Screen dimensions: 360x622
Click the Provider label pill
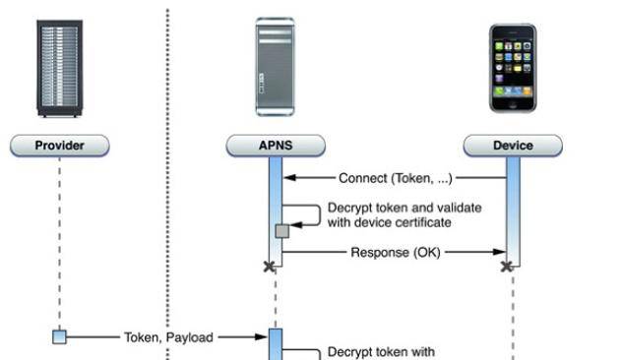point(60,146)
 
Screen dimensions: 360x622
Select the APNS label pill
point(276,146)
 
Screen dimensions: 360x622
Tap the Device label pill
point(513,146)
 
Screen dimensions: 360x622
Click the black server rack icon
point(60,68)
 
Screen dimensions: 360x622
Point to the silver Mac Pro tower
point(275,66)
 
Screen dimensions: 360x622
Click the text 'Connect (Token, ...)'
point(395,178)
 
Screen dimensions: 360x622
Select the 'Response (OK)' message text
point(396,253)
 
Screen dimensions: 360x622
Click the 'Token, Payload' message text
point(168,337)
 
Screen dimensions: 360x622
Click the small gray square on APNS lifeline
point(282,231)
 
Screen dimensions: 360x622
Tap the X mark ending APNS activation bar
point(268,267)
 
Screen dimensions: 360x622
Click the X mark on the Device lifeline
point(506,267)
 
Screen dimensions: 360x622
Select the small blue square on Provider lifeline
point(60,337)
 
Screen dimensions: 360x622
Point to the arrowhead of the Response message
point(501,253)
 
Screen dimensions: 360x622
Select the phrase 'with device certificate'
point(389,222)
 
